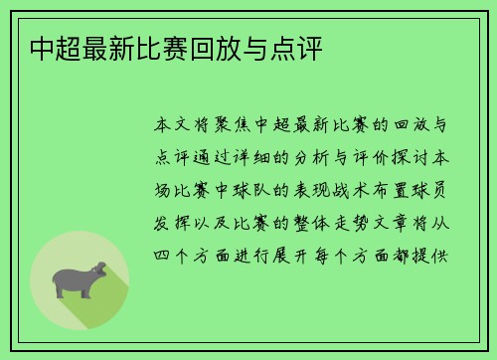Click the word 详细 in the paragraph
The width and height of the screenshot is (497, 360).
(x=281, y=159)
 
